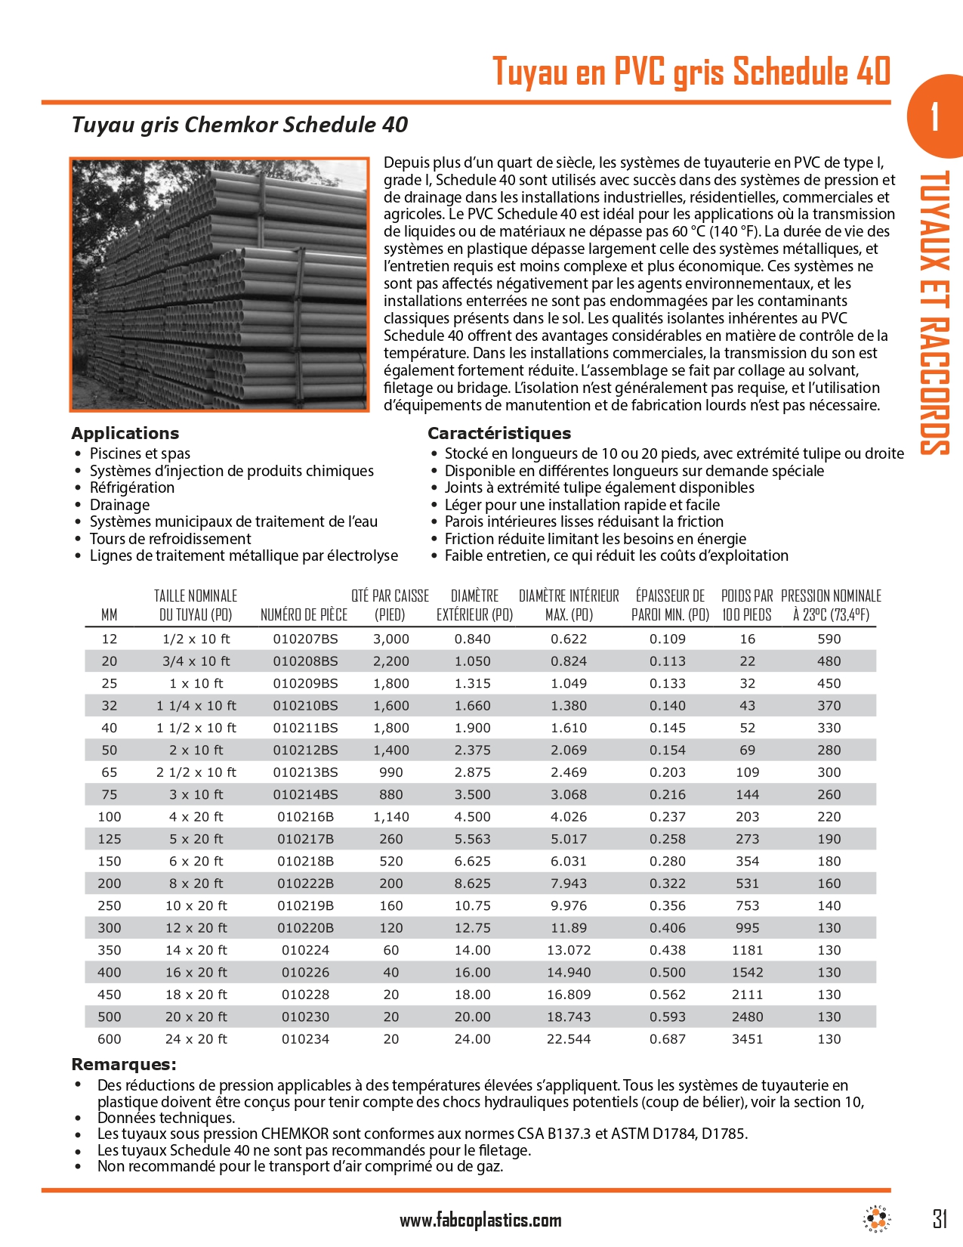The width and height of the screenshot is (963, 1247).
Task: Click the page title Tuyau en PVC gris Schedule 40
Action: tap(691, 72)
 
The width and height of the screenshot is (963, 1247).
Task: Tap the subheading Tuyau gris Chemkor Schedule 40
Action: tap(239, 125)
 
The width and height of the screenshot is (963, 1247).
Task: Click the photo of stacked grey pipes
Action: tap(220, 284)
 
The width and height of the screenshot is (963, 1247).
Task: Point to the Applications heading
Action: tap(125, 433)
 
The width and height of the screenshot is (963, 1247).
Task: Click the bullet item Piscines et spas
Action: tap(140, 453)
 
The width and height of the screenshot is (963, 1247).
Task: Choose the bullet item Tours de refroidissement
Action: tap(170, 539)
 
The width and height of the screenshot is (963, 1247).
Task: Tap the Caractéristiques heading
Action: tap(499, 433)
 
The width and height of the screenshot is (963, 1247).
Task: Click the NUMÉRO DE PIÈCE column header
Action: tap(304, 614)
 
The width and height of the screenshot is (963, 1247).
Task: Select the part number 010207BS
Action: tap(306, 639)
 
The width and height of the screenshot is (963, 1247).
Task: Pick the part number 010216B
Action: tap(306, 817)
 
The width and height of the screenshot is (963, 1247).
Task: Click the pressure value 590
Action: tap(829, 639)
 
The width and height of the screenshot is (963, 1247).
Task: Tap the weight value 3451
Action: tap(747, 1039)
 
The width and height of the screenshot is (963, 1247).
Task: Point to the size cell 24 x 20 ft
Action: tap(196, 1039)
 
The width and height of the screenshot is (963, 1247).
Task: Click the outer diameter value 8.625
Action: tap(472, 883)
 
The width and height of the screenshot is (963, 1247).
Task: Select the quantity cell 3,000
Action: tap(390, 639)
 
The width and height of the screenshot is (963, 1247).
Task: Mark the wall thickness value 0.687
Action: tap(668, 1039)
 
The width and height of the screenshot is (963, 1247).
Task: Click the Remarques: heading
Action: tap(124, 1064)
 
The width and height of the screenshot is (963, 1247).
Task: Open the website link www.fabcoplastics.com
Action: tap(480, 1220)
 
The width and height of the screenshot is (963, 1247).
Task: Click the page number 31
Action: tap(939, 1218)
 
